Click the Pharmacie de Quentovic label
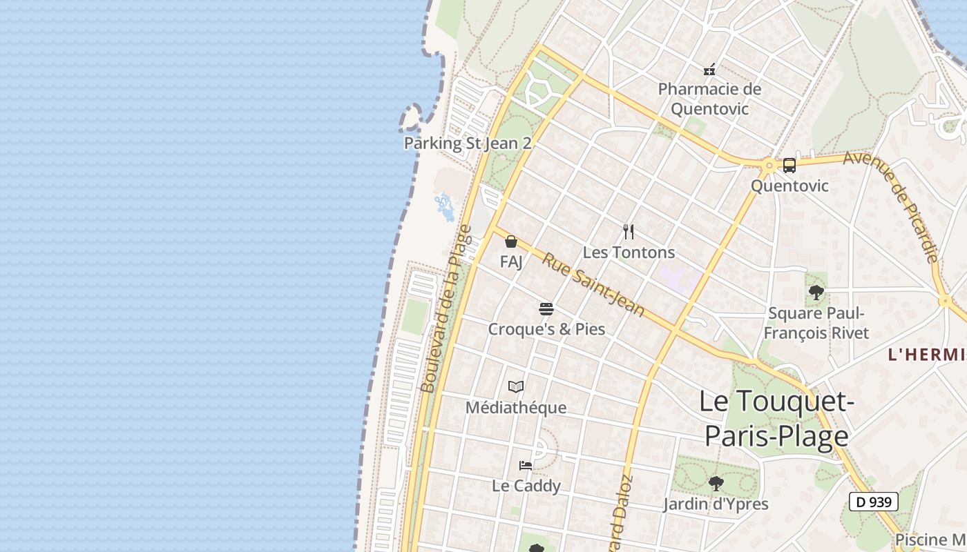tap(709, 99)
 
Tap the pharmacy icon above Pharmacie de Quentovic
tap(709, 69)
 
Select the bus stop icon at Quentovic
tap(789, 166)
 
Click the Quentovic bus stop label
tap(789, 186)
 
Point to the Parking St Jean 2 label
tap(468, 144)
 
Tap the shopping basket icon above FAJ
tap(511, 241)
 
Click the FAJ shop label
tap(511, 262)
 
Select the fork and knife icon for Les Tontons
tap(629, 232)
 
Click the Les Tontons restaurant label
tap(629, 253)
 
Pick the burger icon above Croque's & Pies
tap(546, 308)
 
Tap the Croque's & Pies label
tap(546, 329)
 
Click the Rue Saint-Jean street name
tap(593, 286)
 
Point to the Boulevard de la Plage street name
tap(446, 308)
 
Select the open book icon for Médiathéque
tap(516, 387)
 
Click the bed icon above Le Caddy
tap(526, 466)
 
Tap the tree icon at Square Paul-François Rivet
tap(816, 293)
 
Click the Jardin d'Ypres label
tap(716, 504)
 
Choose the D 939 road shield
tap(873, 502)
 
